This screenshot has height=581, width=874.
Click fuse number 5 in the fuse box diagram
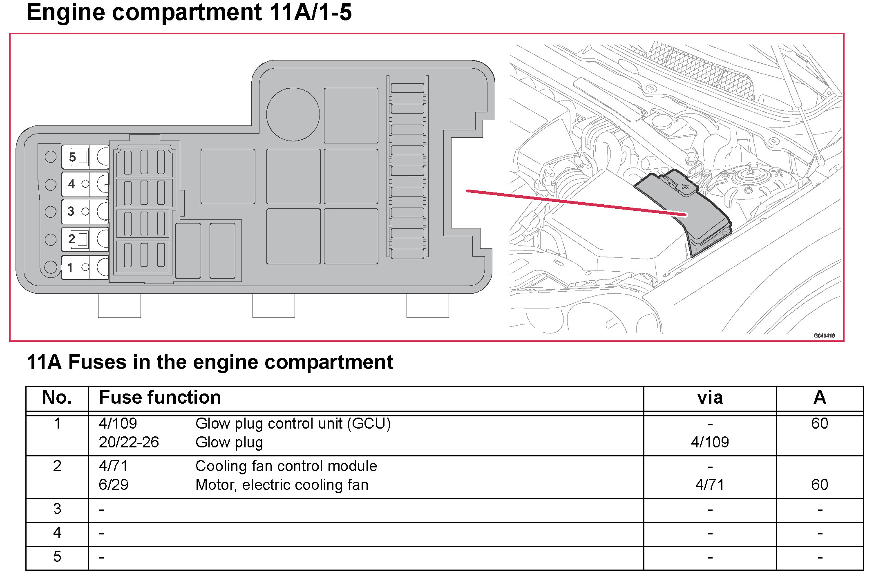tap(85, 157)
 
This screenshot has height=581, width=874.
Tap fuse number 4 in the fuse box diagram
tap(85, 184)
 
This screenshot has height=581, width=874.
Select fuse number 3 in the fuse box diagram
tap(85, 212)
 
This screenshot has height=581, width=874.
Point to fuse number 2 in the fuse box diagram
tap(85, 239)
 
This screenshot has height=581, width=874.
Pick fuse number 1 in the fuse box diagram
tap(85, 267)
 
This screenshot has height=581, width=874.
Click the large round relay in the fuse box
tap(293, 114)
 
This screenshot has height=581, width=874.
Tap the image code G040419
tap(824, 335)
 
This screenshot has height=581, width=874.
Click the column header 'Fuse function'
tap(160, 398)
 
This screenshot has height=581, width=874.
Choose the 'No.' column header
tap(57, 398)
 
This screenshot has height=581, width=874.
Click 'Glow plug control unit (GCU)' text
tap(293, 424)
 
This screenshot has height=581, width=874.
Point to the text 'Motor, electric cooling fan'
tap(282, 485)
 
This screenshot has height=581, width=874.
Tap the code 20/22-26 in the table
tap(129, 442)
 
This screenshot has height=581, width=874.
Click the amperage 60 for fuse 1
tap(819, 424)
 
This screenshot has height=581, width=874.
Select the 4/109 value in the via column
tap(710, 442)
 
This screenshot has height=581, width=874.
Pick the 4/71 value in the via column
tap(710, 485)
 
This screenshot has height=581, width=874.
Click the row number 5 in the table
tap(57, 557)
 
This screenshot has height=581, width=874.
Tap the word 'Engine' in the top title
tap(65, 12)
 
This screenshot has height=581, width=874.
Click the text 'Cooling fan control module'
tap(286, 466)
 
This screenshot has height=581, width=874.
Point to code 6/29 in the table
tap(114, 485)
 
